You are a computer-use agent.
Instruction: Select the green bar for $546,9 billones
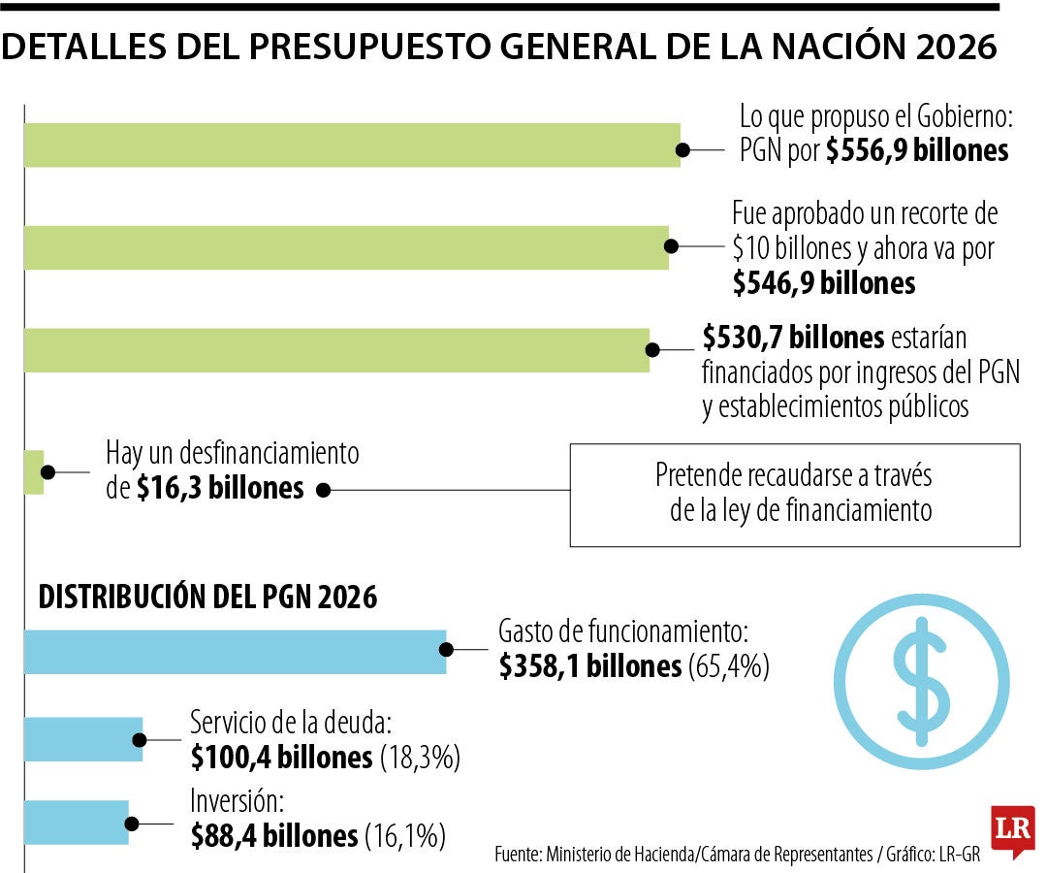click(345, 247)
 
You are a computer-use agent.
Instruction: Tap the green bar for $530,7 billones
click(335, 350)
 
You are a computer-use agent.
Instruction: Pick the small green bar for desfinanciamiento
click(34, 472)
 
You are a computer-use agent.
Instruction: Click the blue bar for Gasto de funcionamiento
click(234, 652)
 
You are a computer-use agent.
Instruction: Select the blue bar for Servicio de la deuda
click(82, 739)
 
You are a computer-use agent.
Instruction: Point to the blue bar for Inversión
click(76, 822)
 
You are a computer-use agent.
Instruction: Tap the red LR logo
click(1012, 830)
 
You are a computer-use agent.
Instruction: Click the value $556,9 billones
click(917, 151)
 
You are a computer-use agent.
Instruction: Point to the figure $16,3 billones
click(220, 488)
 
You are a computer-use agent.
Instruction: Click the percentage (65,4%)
click(728, 666)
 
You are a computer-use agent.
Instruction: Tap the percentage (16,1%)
click(404, 834)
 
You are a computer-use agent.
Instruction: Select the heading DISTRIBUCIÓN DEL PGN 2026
click(207, 598)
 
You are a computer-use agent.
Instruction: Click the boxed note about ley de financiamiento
click(794, 494)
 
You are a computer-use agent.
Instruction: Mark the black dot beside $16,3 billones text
click(324, 491)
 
